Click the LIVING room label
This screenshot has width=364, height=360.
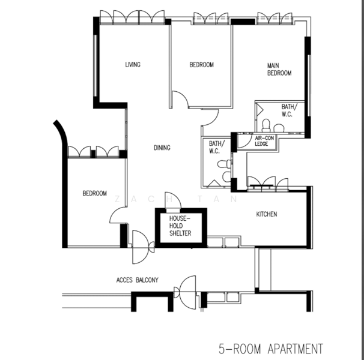coord(133,64)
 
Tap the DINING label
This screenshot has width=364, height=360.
coord(162,148)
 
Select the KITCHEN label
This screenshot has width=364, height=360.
coord(267,214)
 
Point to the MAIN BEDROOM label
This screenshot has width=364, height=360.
coord(279,70)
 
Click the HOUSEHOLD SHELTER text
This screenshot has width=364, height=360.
coord(180,226)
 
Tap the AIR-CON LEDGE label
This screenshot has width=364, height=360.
coord(264,141)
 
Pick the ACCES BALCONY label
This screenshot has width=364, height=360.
coord(137,280)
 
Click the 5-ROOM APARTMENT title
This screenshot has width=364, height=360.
coord(271,349)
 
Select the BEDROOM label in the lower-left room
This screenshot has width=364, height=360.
coord(95,193)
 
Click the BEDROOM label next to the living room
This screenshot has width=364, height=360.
coord(201,65)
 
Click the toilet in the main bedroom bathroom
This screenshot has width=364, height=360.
coord(266,125)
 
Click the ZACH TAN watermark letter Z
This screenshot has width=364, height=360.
coord(118,199)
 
